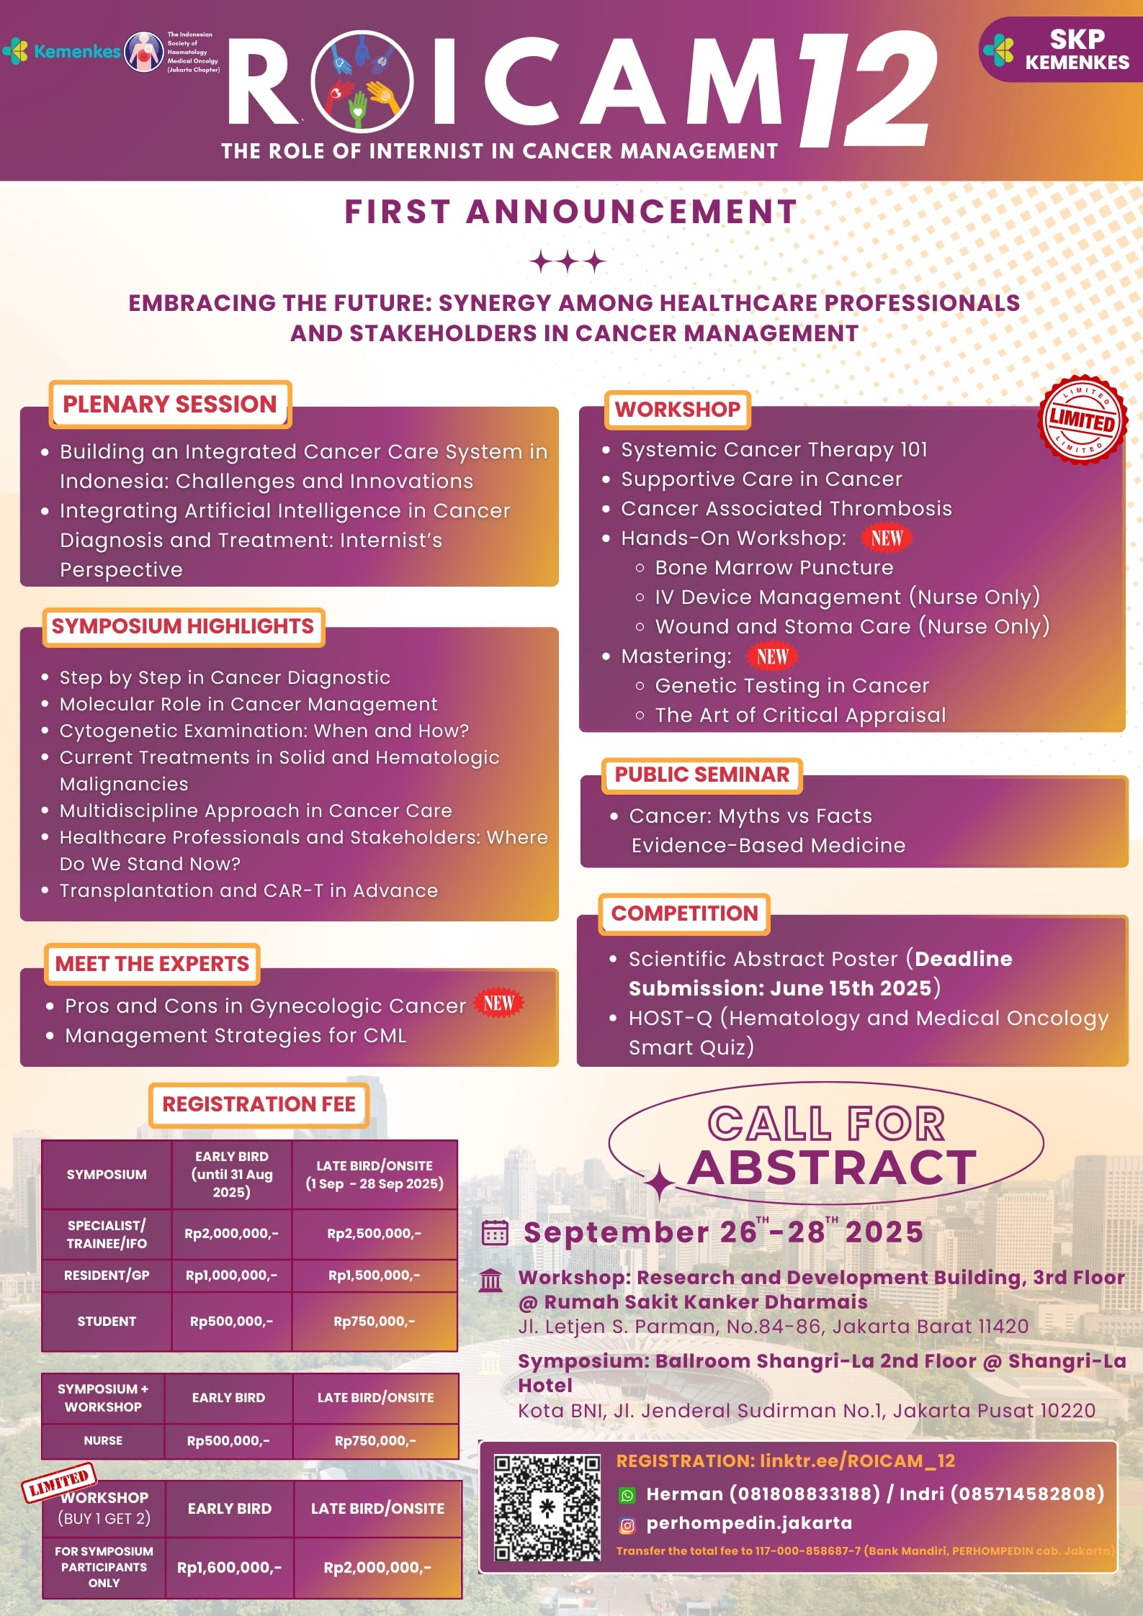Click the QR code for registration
[547, 1508]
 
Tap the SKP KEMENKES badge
[1058, 49]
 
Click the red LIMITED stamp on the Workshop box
[1082, 420]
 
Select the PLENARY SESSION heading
[170, 404]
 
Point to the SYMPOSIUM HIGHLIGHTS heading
[183, 626]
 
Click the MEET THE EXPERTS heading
[152, 963]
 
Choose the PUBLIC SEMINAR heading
[702, 775]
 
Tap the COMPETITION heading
[684, 913]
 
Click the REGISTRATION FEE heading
[259, 1104]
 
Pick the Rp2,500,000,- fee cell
[375, 1233]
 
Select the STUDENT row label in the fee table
[107, 1321]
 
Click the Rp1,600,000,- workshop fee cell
[230, 1567]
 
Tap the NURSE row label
[103, 1440]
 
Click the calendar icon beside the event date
[495, 1232]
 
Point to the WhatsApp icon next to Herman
[627, 1495]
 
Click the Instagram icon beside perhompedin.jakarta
[627, 1525]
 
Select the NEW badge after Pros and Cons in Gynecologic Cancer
[499, 1003]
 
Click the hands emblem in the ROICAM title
[362, 81]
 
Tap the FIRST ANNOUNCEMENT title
[571, 212]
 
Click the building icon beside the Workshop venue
[491, 1281]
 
